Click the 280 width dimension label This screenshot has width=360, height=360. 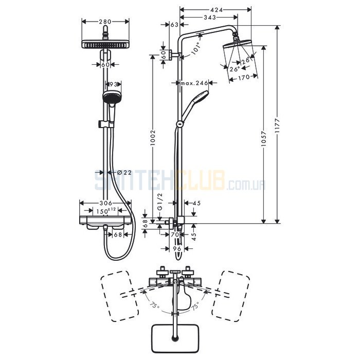point(105,22)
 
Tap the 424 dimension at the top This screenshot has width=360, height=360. point(217,10)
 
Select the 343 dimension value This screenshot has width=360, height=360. point(210,17)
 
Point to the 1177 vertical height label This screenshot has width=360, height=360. point(277,125)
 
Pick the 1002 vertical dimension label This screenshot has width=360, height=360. point(153,138)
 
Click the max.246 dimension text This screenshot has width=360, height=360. point(194,83)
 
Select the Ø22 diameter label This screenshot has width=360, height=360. point(124,172)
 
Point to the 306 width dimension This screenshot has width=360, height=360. point(106,203)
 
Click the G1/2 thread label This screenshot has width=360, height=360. point(160,202)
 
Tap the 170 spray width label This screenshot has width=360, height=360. point(244,78)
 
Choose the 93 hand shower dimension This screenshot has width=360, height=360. point(114,84)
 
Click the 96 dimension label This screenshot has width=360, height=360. point(177,248)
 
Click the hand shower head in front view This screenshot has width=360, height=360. point(112,98)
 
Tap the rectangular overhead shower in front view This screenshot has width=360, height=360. point(105,44)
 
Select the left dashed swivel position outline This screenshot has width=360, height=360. point(119,296)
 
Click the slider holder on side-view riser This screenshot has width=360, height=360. point(180,124)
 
